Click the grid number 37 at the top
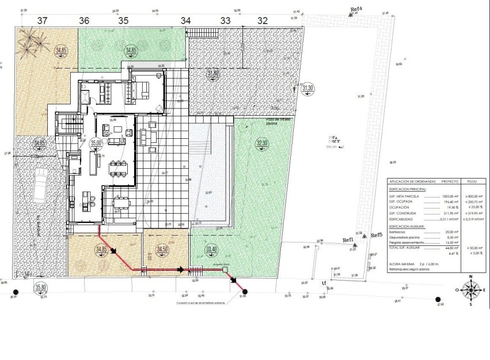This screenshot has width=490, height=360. (42, 20)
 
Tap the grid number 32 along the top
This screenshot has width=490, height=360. (263, 20)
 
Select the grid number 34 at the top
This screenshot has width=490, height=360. (185, 20)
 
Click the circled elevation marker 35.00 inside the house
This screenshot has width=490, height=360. (96, 142)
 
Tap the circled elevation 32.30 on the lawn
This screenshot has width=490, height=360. (262, 143)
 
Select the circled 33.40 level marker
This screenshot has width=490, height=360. (211, 250)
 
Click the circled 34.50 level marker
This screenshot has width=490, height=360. (163, 249)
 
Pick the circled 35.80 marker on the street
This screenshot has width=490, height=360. (40, 287)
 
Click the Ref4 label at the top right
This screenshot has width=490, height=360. (357, 9)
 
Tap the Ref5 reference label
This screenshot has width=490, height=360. (377, 235)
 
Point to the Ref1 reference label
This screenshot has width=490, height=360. (348, 240)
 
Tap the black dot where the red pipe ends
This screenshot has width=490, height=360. (245, 291)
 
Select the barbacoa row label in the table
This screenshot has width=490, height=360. (400, 232)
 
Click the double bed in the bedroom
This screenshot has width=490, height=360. (140, 89)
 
